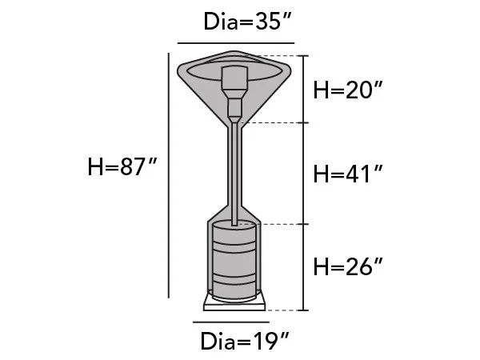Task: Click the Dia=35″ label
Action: [x=246, y=22]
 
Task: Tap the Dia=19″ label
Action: [x=245, y=341]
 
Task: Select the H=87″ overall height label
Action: [x=122, y=167]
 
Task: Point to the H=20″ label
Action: [x=348, y=90]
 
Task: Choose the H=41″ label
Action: [x=348, y=174]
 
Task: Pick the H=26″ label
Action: [x=348, y=266]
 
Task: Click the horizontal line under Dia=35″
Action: [x=236, y=43]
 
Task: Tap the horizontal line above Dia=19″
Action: [x=231, y=322]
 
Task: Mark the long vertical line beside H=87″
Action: [x=169, y=175]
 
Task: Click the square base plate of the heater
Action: [x=234, y=304]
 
